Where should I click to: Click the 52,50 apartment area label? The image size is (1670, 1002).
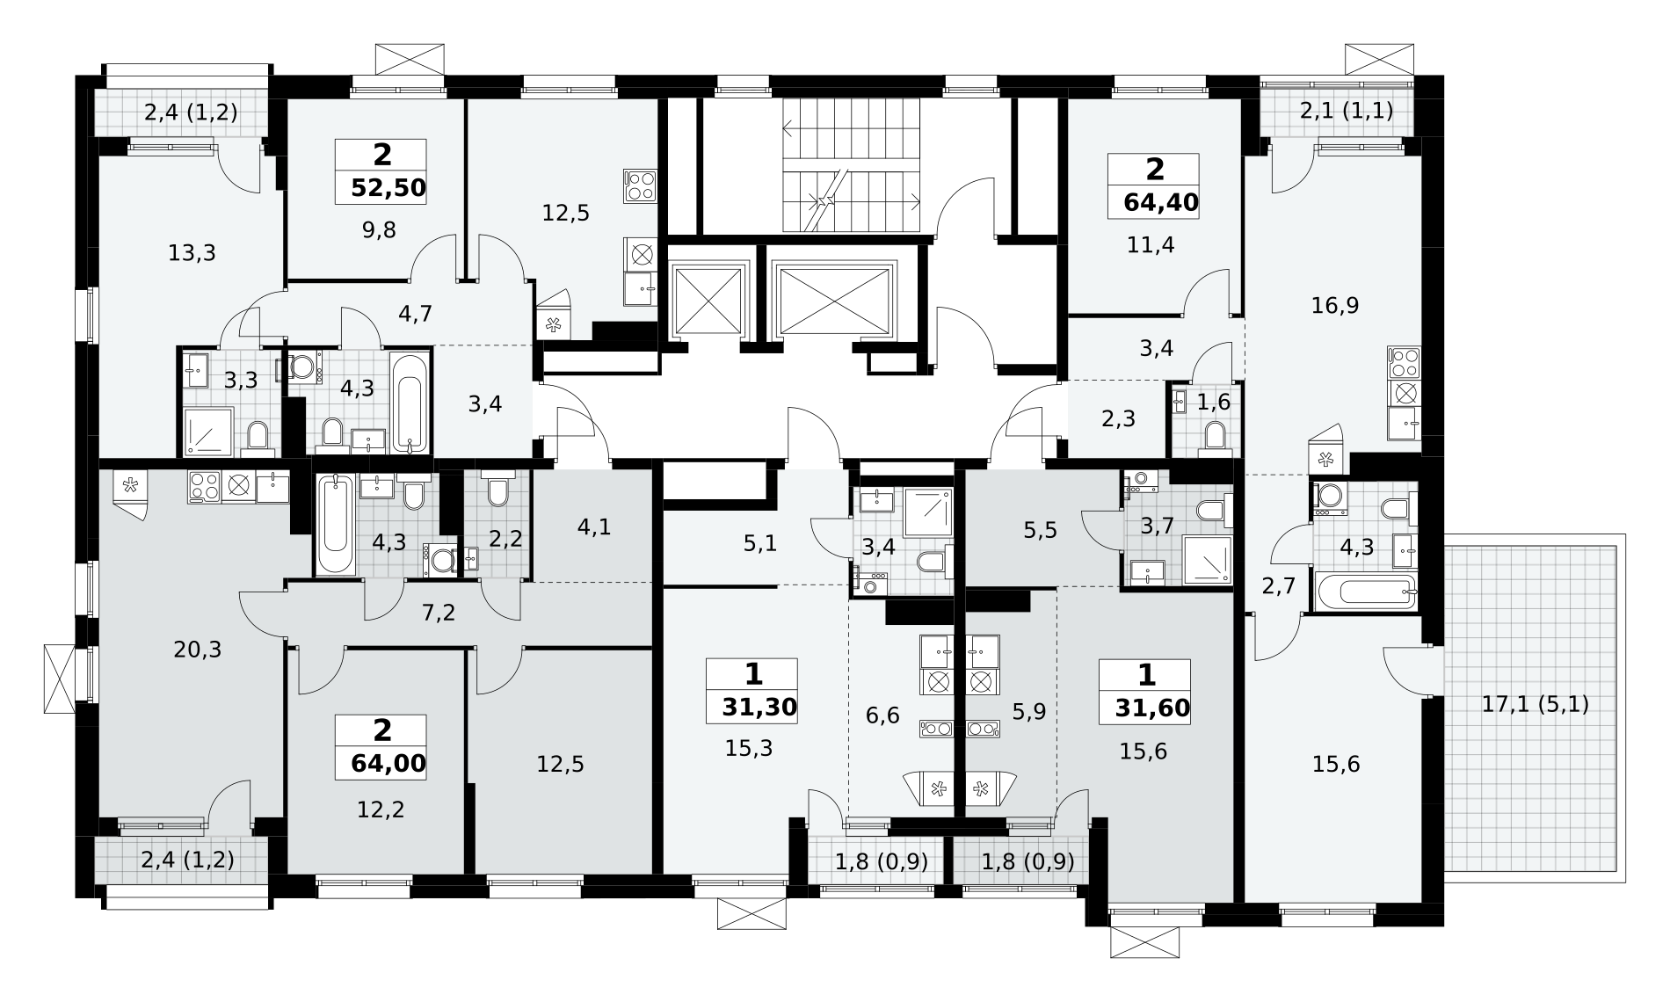pos(388,188)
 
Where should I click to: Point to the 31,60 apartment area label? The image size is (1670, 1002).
pos(1152,708)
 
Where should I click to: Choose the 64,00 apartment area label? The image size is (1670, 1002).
pos(388,763)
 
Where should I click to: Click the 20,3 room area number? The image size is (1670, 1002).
pos(198,650)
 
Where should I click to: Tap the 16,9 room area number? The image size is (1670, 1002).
pos(1335,306)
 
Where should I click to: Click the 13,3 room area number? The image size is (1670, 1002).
pos(192,254)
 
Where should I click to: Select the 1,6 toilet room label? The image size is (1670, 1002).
pos(1214,401)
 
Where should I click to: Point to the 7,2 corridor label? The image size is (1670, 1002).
pos(439,614)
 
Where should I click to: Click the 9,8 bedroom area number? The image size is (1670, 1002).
pos(379,230)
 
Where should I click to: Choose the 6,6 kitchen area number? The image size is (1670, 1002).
pos(882,715)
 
